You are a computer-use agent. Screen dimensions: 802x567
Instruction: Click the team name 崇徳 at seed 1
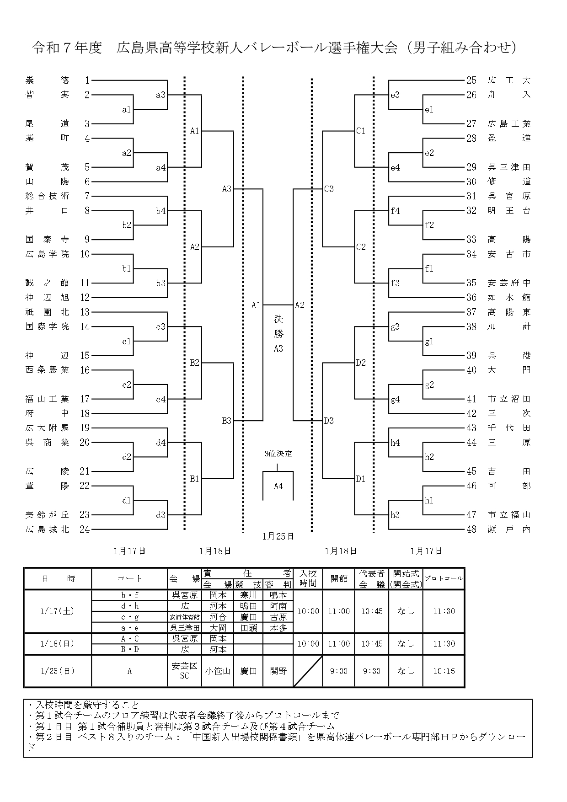pyautogui.click(x=48, y=80)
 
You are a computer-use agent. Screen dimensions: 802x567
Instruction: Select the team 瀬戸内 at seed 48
pyautogui.click(x=509, y=529)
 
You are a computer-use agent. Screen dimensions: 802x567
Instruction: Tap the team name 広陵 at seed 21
pyautogui.click(x=48, y=471)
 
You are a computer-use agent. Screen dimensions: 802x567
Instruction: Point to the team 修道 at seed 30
pyautogui.click(x=509, y=182)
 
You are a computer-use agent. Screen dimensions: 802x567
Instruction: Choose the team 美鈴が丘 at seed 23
pyautogui.click(x=48, y=515)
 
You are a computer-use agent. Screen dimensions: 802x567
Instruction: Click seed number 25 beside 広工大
pyautogui.click(x=471, y=80)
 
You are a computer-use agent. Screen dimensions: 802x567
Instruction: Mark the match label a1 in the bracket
pyautogui.click(x=126, y=110)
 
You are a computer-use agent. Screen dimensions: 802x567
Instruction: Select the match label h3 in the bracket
pyautogui.click(x=395, y=515)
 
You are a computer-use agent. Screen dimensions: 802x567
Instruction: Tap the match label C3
pyautogui.click(x=329, y=189)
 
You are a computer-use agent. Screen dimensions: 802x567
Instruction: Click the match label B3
pyautogui.click(x=227, y=421)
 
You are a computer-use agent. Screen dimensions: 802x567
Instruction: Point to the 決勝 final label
pyautogui.click(x=278, y=326)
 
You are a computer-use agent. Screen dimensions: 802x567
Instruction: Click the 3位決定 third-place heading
pyautogui.click(x=278, y=454)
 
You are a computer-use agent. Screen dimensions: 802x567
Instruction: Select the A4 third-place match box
pyautogui.click(x=278, y=486)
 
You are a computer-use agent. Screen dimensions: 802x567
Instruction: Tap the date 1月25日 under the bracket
pyautogui.click(x=278, y=536)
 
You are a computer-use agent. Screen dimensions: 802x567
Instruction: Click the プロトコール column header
pyautogui.click(x=444, y=578)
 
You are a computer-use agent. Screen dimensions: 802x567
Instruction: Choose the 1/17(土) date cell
pyautogui.click(x=57, y=611)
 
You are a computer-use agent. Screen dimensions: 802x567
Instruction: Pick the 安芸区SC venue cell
pyautogui.click(x=184, y=671)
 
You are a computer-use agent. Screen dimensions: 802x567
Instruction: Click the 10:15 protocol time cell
pyautogui.click(x=444, y=671)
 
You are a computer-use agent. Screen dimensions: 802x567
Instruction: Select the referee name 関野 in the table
pyautogui.click(x=278, y=671)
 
